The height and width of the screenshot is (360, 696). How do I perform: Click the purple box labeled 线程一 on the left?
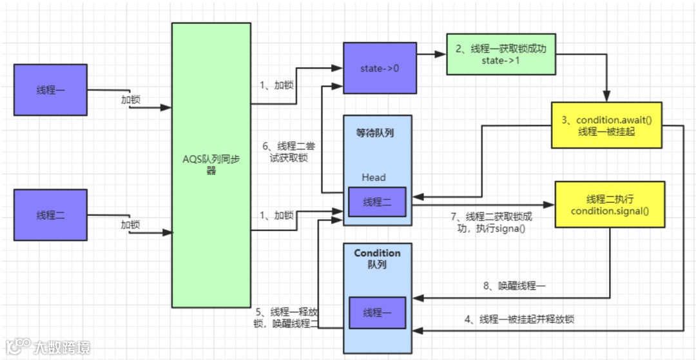click(50, 90)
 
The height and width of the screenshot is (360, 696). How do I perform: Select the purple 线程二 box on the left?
click(50, 214)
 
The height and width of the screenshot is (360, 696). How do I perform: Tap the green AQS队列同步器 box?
click(211, 165)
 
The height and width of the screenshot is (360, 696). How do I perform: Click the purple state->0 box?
click(380, 68)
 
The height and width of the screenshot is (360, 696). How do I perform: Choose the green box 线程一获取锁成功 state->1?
click(500, 54)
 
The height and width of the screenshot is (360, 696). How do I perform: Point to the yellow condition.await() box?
click(606, 125)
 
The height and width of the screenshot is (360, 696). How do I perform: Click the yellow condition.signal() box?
click(609, 204)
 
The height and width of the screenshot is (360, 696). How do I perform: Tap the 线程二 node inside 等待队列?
click(377, 202)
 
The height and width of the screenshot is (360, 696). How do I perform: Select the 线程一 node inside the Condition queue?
click(377, 312)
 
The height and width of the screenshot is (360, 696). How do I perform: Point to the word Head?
click(374, 177)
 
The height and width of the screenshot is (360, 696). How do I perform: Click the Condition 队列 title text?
click(377, 259)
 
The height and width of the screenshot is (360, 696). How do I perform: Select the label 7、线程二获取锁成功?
click(492, 222)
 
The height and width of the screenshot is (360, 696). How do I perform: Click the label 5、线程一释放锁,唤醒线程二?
click(286, 317)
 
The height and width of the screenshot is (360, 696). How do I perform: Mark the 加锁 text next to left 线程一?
click(131, 100)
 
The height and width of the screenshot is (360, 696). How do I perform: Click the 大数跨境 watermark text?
click(62, 348)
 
